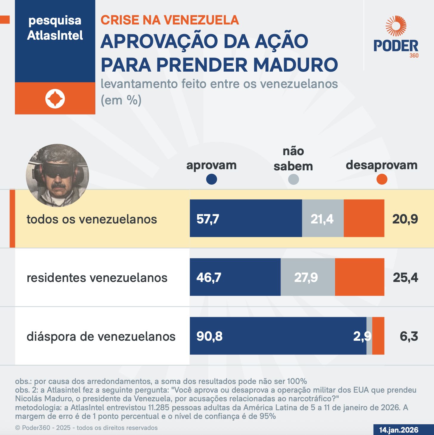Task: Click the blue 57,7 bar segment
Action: (x=246, y=218)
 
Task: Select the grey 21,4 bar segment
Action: (x=323, y=218)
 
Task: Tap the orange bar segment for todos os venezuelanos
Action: (x=364, y=218)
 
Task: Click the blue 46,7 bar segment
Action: (x=235, y=277)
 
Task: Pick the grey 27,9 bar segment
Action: (x=308, y=277)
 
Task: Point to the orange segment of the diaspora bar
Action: (x=378, y=336)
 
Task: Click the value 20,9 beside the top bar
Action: (x=405, y=219)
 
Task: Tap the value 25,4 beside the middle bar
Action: (x=405, y=277)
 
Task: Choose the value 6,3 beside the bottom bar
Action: (x=409, y=336)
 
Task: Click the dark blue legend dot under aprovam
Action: (x=211, y=179)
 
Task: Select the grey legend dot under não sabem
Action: (x=293, y=179)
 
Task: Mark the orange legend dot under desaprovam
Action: (x=382, y=179)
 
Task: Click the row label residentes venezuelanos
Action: (x=97, y=278)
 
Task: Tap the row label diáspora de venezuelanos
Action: (x=101, y=337)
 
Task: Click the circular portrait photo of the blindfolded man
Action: (x=58, y=175)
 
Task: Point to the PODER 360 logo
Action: (x=396, y=37)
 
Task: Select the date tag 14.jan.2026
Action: (x=399, y=430)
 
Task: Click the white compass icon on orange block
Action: (x=55, y=99)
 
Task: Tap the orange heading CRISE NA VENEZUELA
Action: (x=170, y=20)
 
